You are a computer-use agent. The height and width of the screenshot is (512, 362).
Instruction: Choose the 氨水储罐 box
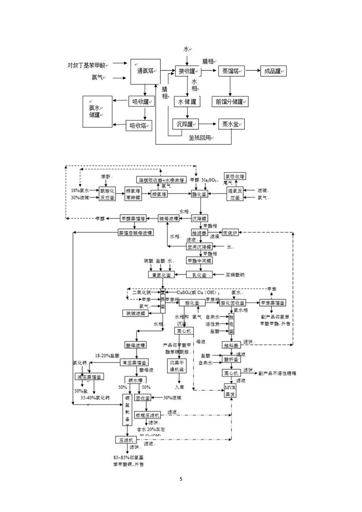[x=97, y=111]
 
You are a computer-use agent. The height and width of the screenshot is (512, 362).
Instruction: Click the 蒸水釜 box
[x=231, y=124]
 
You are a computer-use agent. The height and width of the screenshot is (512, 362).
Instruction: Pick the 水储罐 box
[x=187, y=102]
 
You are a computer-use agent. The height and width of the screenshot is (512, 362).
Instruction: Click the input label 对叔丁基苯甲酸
[x=86, y=65]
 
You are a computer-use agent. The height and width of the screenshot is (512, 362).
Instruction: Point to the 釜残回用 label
[x=201, y=138]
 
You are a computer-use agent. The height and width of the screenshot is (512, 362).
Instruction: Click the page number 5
[x=181, y=479]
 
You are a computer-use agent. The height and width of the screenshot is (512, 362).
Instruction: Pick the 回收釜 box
[x=143, y=398]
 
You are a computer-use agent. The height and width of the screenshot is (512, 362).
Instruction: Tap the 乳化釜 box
[x=199, y=275]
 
